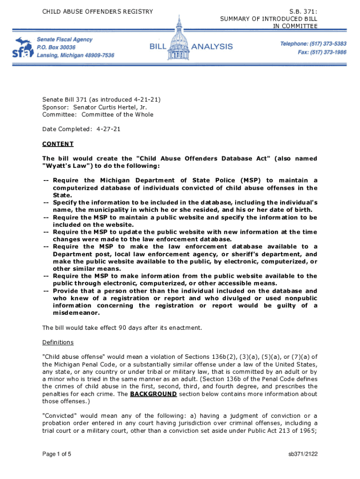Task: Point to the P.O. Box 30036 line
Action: click(x=56, y=48)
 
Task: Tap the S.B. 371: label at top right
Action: click(x=303, y=11)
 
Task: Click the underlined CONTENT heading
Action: click(x=58, y=144)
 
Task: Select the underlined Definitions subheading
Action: click(x=58, y=342)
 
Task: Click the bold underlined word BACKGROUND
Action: click(x=153, y=394)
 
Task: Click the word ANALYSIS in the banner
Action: click(x=212, y=46)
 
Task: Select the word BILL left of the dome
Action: click(x=160, y=46)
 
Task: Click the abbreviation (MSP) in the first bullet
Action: click(x=251, y=181)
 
